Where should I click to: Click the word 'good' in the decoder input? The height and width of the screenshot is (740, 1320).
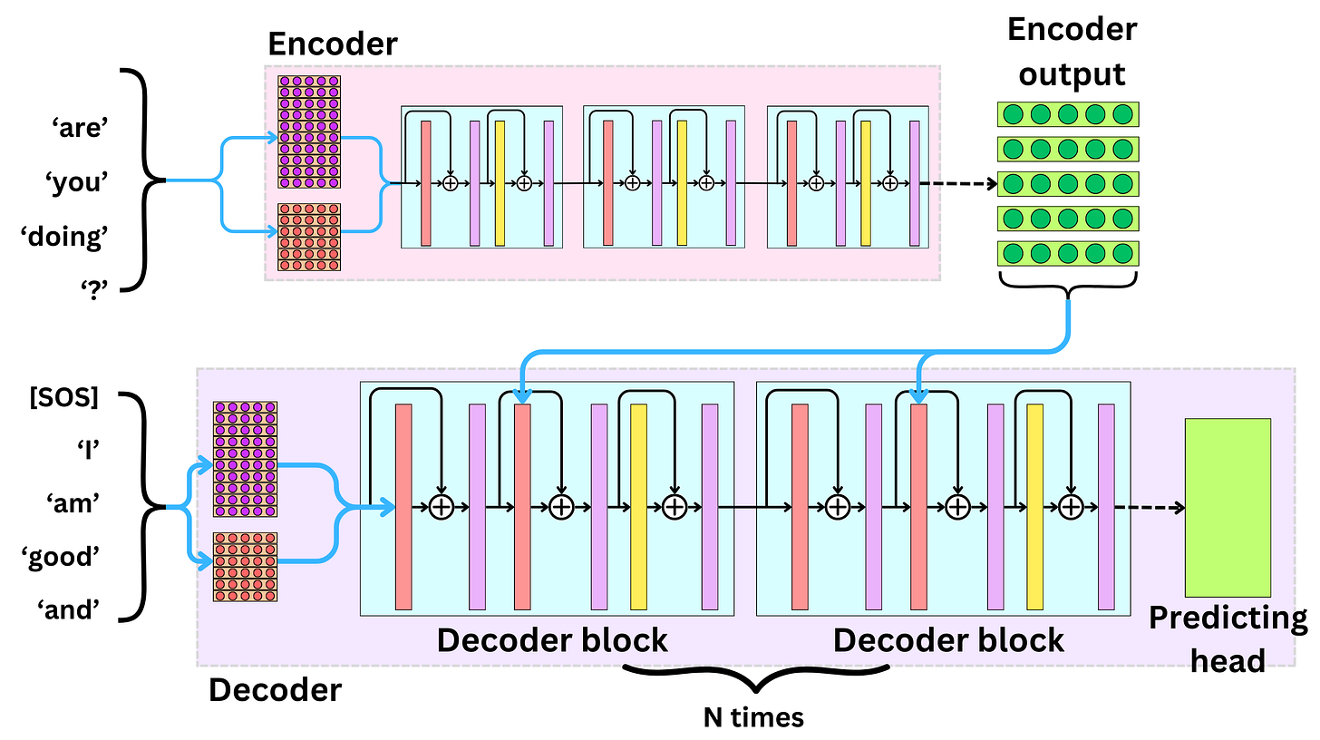click(63, 557)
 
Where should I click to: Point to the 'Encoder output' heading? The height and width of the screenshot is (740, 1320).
click(1072, 51)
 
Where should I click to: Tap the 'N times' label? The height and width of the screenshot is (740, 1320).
click(753, 717)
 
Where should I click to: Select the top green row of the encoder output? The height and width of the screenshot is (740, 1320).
click(1068, 114)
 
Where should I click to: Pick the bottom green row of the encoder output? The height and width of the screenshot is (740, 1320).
click(1068, 253)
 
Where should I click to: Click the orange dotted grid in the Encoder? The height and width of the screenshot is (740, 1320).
click(309, 238)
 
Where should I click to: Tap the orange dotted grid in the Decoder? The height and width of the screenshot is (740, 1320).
click(245, 567)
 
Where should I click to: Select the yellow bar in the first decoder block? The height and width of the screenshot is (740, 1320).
click(638, 506)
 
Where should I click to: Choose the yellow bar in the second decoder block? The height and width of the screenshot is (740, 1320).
click(1034, 506)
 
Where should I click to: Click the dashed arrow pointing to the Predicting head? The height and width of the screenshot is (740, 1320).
click(1150, 507)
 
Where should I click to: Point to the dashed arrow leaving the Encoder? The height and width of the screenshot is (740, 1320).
click(957, 184)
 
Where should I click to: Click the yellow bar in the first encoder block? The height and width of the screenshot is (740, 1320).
click(500, 183)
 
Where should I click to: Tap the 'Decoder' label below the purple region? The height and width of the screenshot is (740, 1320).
click(275, 690)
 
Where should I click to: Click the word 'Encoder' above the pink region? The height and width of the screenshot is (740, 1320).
click(332, 44)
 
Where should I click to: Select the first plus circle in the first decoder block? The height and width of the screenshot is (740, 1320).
click(441, 507)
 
